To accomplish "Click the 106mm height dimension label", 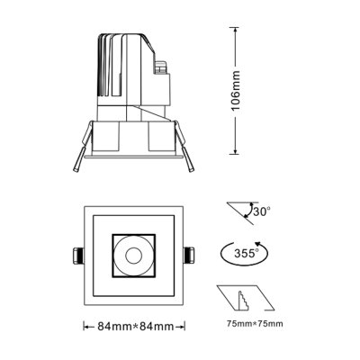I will click(x=237, y=91).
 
